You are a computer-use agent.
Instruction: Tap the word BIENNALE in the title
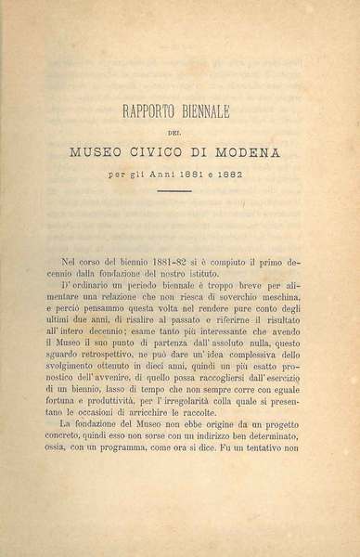click(x=220, y=115)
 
